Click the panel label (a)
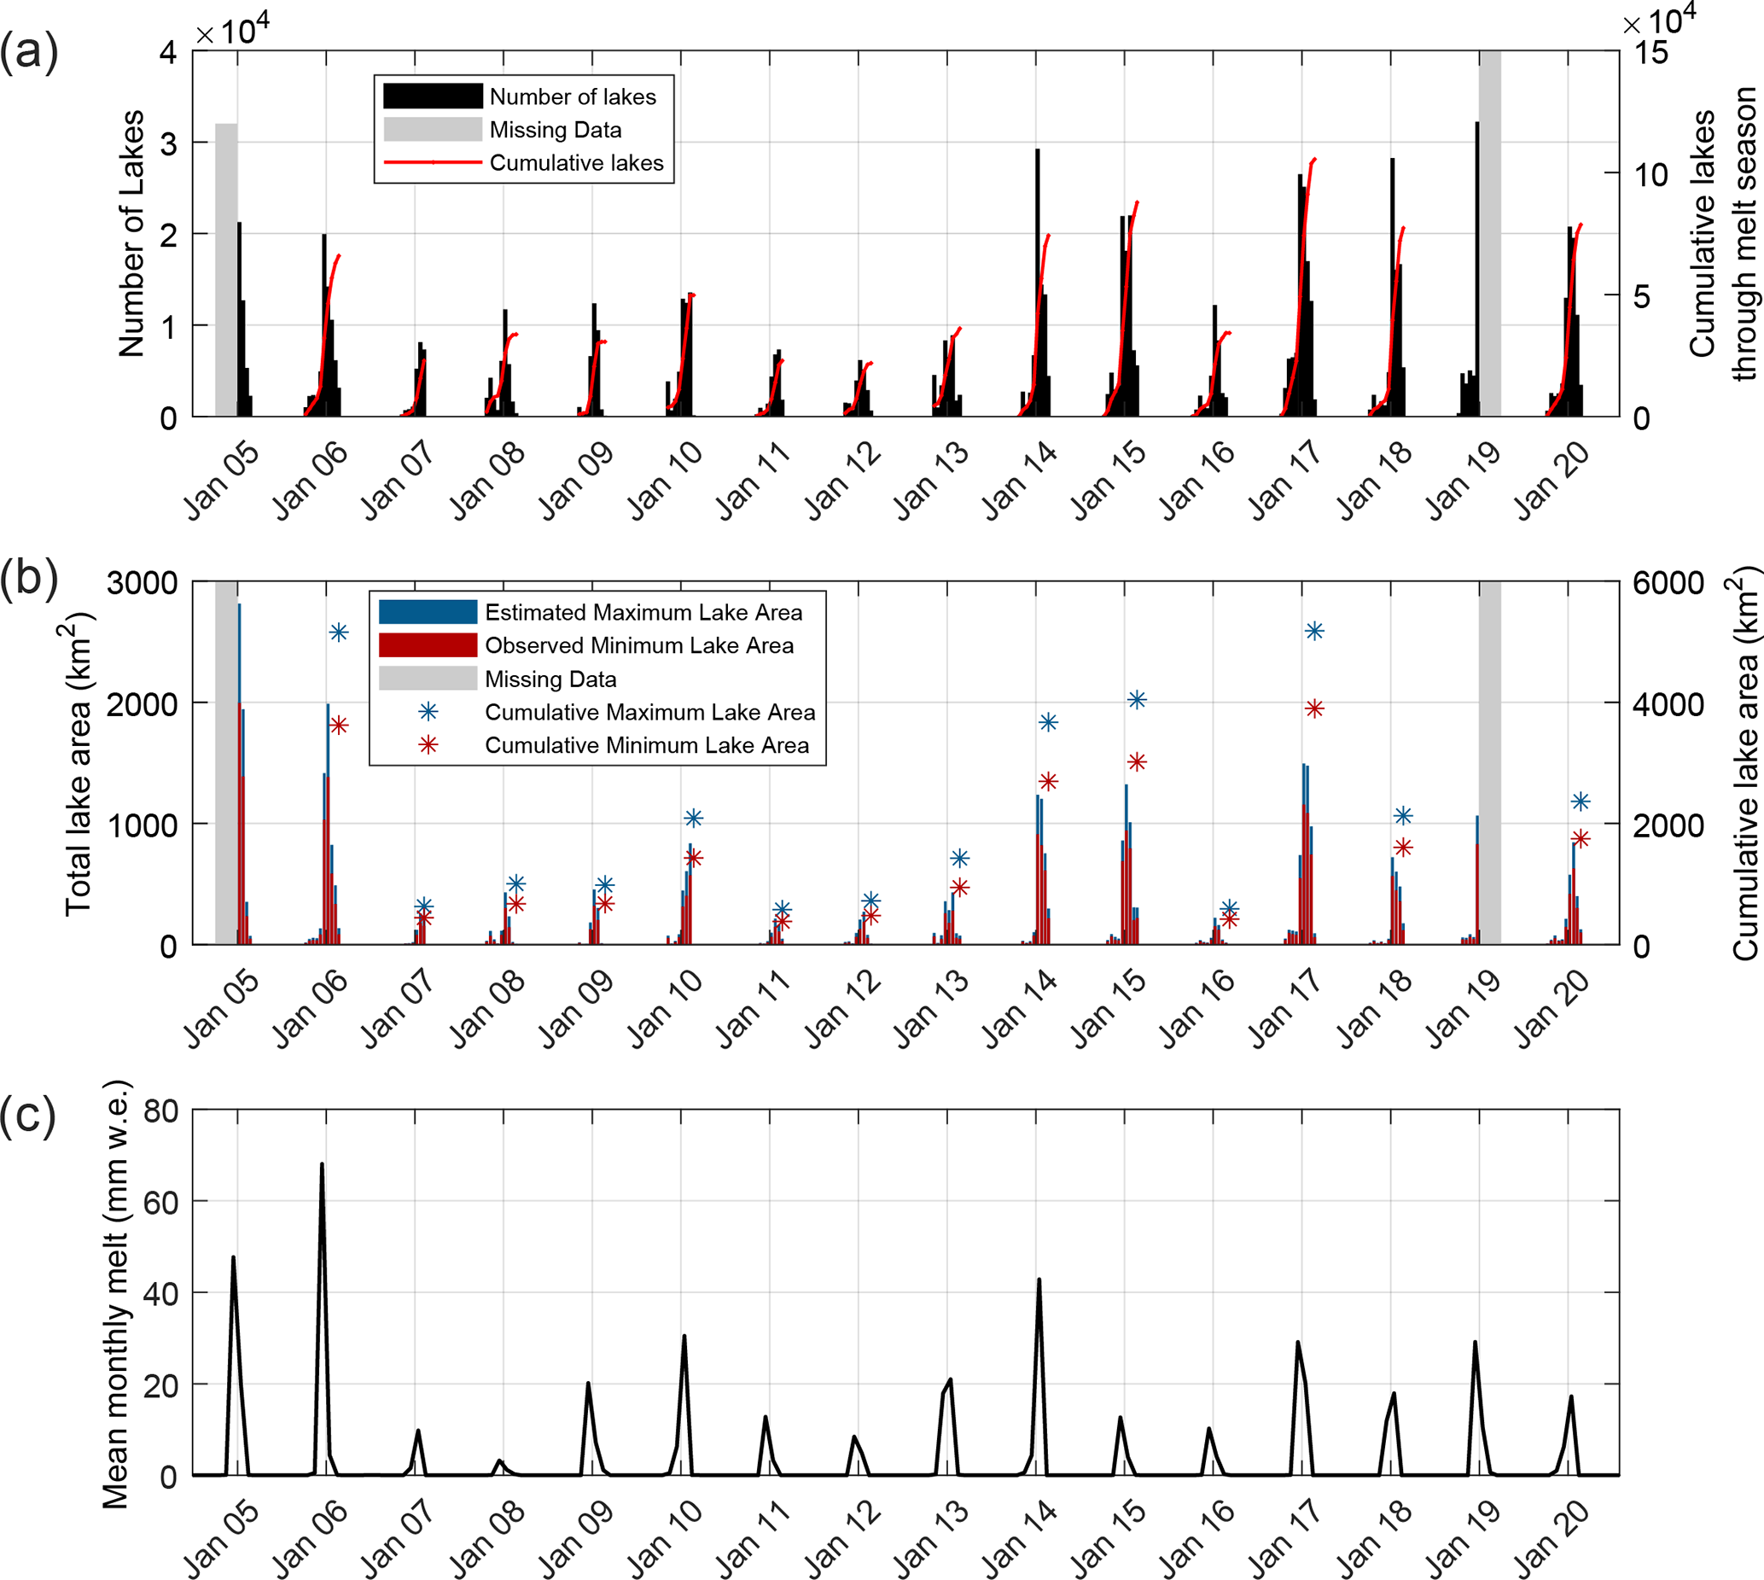(x=29, y=52)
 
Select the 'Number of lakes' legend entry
(x=572, y=96)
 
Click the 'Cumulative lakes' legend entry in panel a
(x=575, y=162)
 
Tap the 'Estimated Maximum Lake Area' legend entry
(x=643, y=612)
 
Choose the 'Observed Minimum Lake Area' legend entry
(x=638, y=645)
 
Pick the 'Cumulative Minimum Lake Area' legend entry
(x=646, y=745)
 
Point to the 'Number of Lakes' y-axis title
(x=132, y=234)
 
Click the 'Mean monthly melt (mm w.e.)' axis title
(x=116, y=1293)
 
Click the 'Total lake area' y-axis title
(x=79, y=764)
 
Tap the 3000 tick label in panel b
(x=143, y=582)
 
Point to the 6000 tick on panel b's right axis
(x=1668, y=582)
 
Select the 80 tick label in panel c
(x=160, y=1111)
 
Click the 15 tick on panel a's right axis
(x=1651, y=52)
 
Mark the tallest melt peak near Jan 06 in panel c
(x=321, y=1165)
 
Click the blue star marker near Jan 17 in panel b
(x=1314, y=631)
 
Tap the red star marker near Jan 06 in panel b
(x=339, y=725)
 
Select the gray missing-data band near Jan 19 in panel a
(x=1491, y=234)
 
